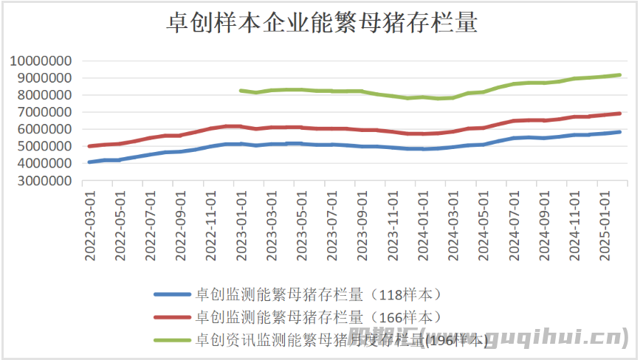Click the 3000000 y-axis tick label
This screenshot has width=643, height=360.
pos(45,180)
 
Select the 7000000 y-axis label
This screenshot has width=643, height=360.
pos(45,112)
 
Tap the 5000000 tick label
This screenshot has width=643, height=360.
pos(45,146)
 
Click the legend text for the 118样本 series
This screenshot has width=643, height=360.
pos(317,295)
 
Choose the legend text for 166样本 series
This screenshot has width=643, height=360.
pos(317,318)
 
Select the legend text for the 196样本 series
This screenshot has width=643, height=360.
pos(340,340)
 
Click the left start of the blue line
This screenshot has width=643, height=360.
pos(89,162)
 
